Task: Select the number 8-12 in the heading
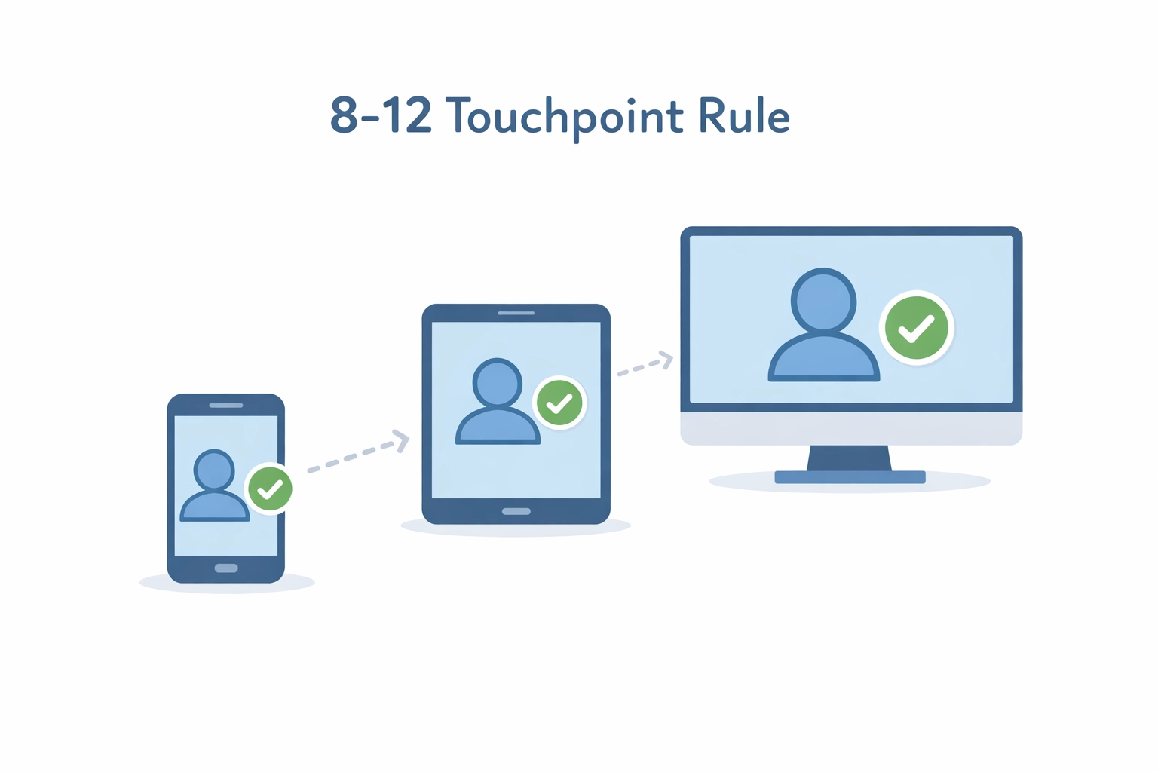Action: coord(381,116)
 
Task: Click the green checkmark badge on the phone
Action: coord(270,489)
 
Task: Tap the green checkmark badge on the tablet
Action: coord(559,403)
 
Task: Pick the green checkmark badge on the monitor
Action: coord(916,328)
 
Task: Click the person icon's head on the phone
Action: coord(214,470)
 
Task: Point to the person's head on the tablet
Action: coord(497,383)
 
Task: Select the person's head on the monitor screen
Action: coord(823,300)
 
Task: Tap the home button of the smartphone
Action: coord(226,568)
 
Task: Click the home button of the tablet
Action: coord(516,512)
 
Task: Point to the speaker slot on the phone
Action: coord(226,406)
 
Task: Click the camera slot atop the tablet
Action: coord(516,313)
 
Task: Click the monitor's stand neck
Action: coord(850,458)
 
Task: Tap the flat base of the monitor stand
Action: coord(850,477)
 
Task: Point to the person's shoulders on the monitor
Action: coord(823,358)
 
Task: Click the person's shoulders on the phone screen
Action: coord(215,507)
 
